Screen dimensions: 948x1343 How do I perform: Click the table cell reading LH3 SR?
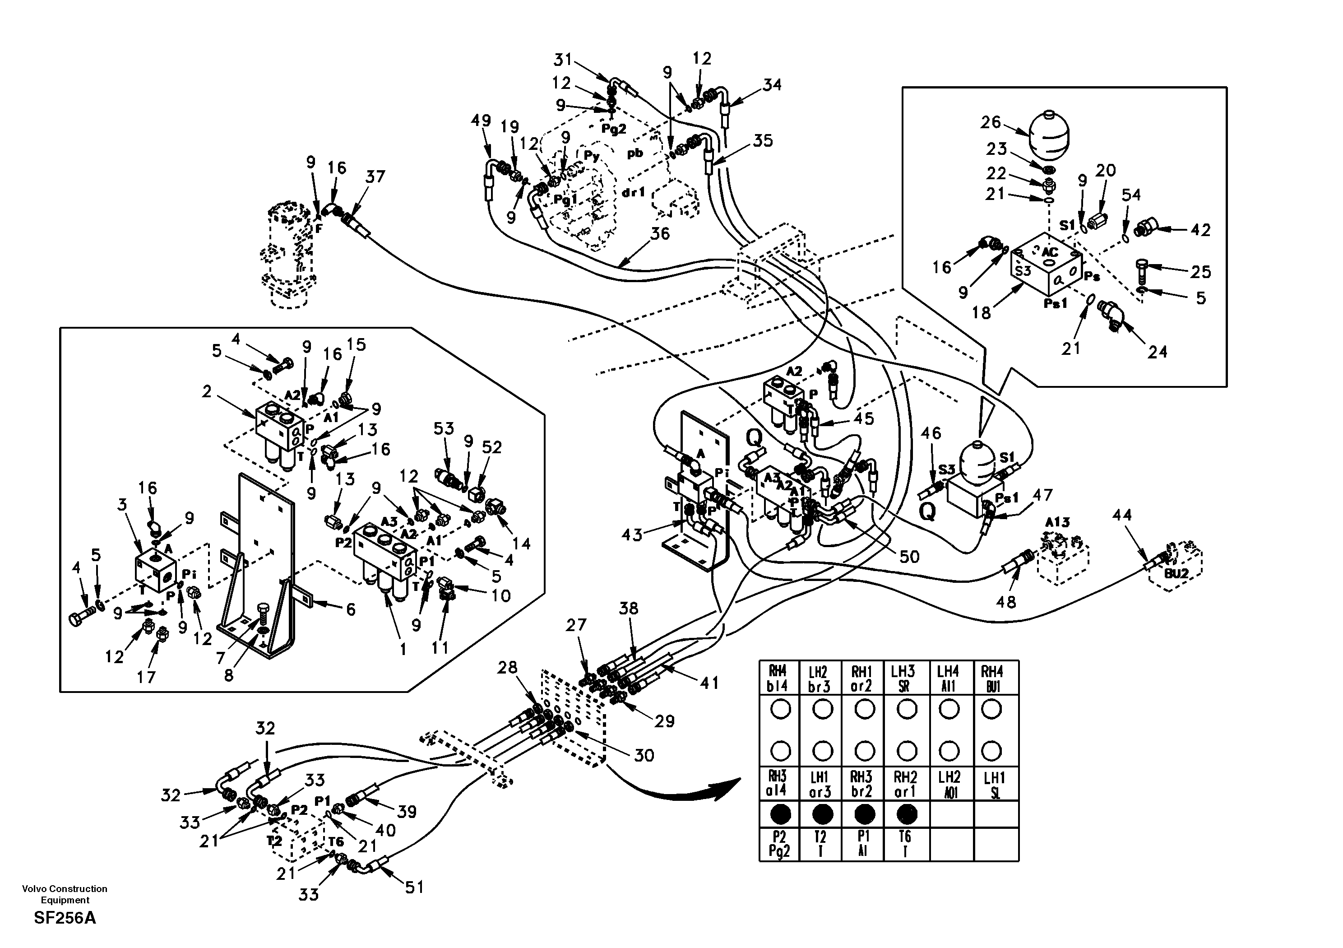tap(906, 679)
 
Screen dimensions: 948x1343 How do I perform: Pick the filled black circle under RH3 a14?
tap(780, 814)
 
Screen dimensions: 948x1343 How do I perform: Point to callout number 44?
tap(1121, 515)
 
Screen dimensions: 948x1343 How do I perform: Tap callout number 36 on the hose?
tap(660, 233)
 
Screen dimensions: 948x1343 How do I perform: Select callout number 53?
tap(443, 428)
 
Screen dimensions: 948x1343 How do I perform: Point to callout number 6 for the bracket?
tap(350, 610)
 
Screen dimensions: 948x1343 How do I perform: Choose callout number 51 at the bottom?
tap(414, 888)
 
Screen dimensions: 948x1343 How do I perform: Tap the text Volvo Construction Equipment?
tap(65, 894)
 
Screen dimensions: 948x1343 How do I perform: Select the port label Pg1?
tap(565, 200)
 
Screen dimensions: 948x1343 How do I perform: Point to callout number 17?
tap(146, 677)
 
